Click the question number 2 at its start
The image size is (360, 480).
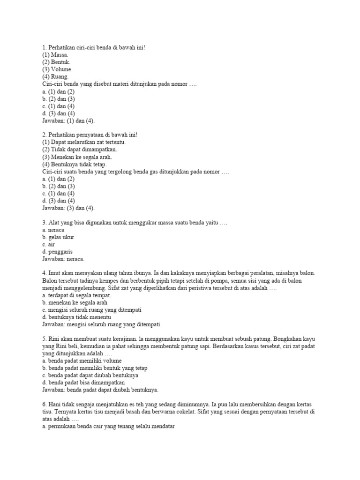tap(44, 135)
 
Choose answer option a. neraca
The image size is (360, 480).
tap(53, 230)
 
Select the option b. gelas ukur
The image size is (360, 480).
tap(58, 237)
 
